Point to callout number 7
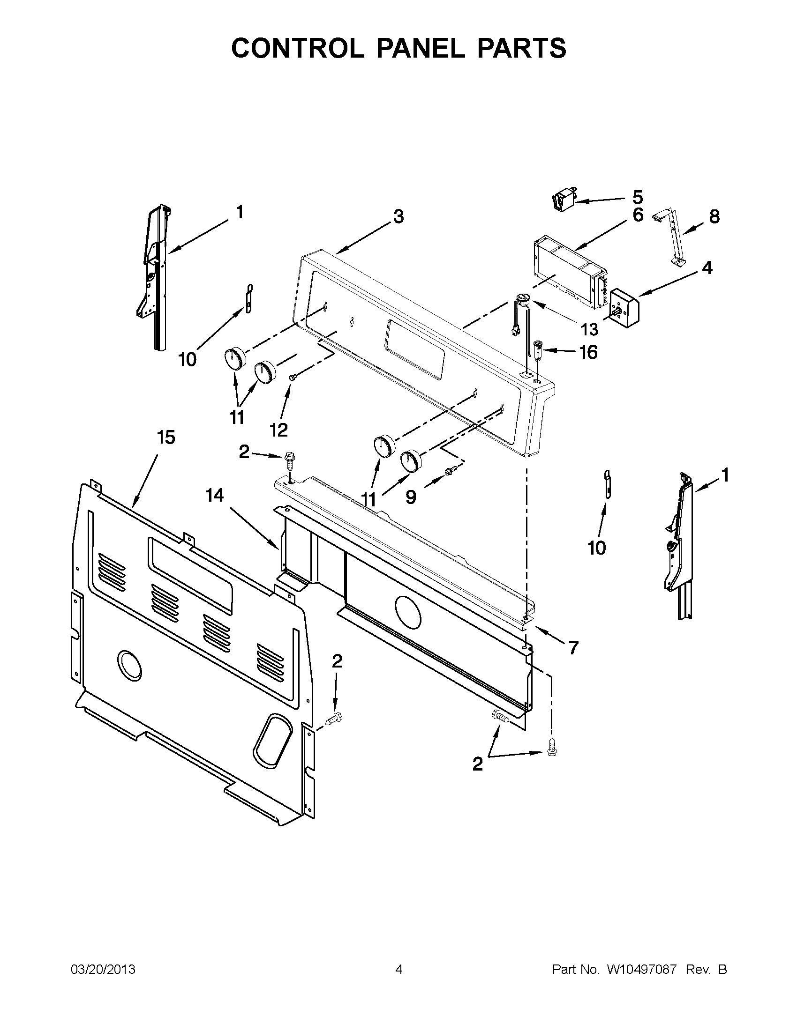573,648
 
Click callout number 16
588,352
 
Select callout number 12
279,430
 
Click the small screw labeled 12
293,377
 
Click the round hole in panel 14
407,609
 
